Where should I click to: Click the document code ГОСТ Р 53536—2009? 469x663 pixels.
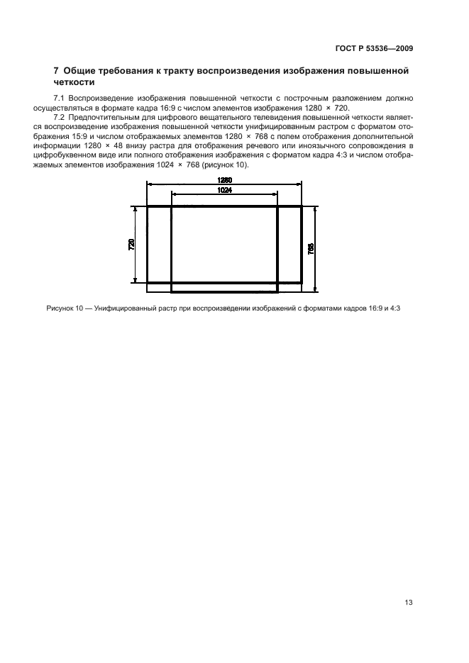tap(375, 49)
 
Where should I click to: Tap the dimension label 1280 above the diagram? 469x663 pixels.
tap(224, 181)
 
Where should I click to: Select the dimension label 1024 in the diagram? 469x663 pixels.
tap(224, 190)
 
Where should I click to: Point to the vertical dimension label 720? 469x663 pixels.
tap(132, 245)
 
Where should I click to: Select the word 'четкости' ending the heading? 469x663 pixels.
tap(76, 82)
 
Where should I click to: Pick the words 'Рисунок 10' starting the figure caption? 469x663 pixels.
tap(65, 308)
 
